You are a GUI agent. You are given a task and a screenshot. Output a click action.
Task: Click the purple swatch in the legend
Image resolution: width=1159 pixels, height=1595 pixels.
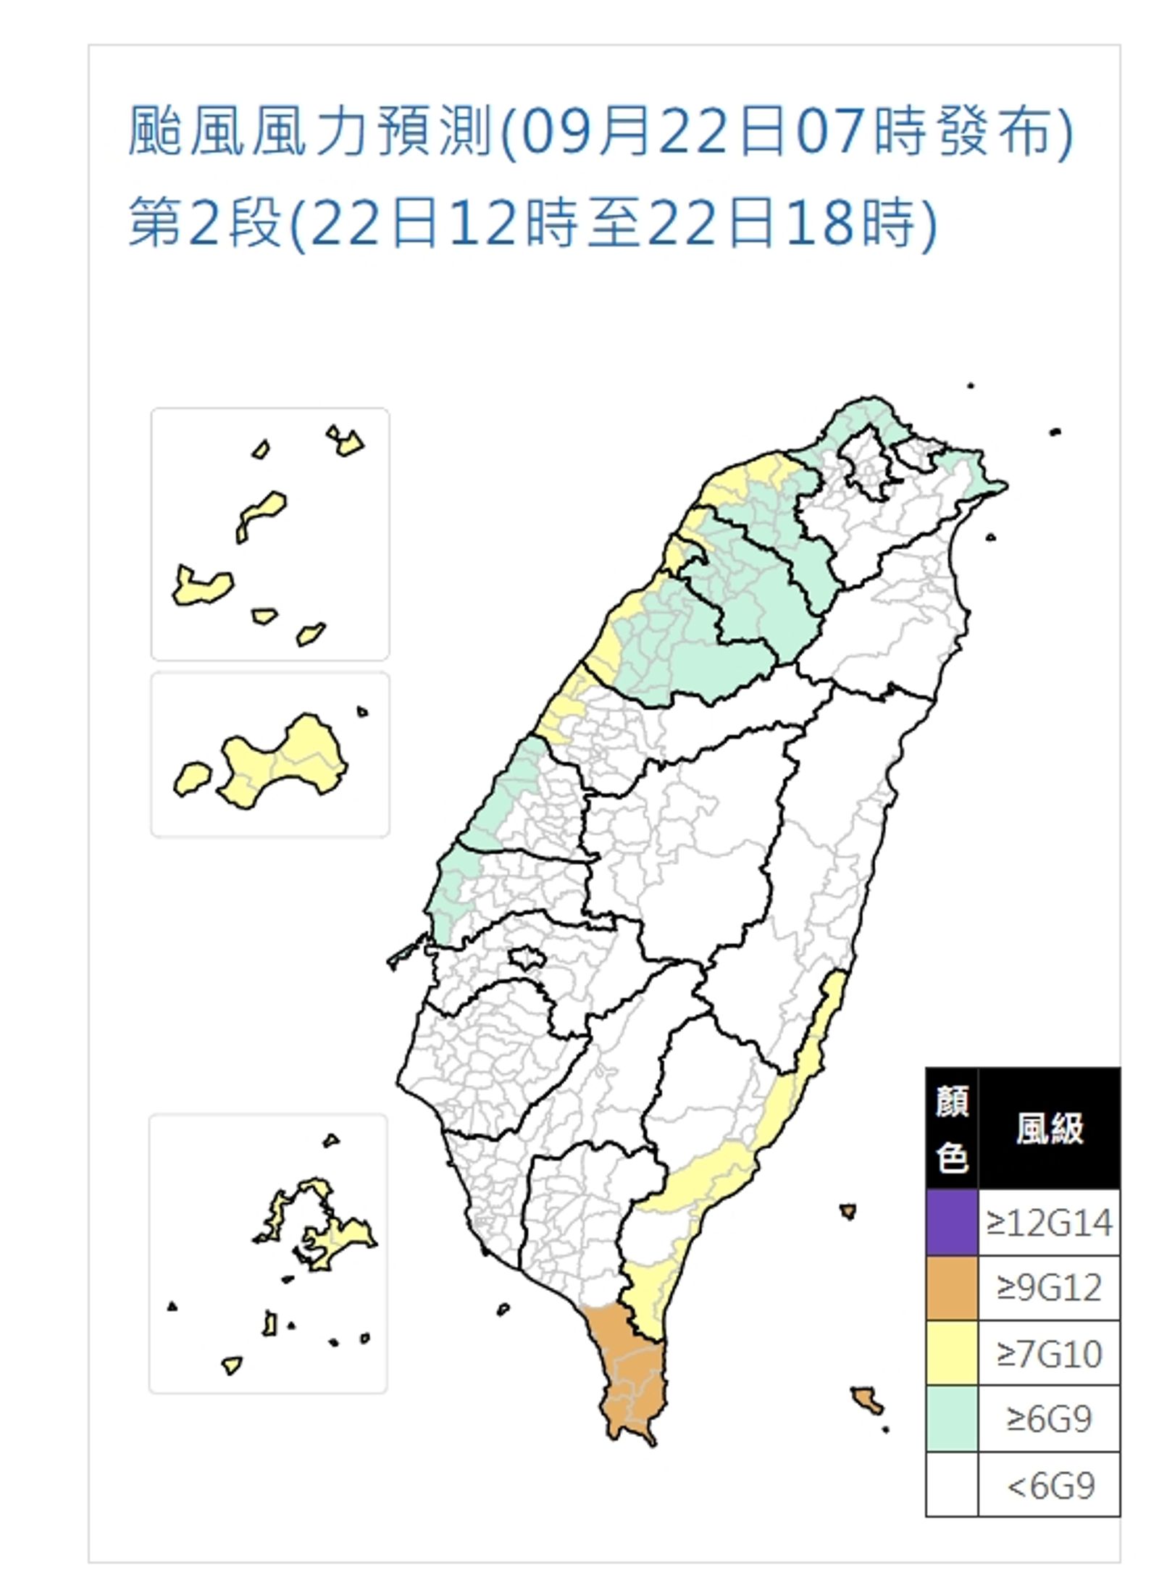pyautogui.click(x=951, y=1222)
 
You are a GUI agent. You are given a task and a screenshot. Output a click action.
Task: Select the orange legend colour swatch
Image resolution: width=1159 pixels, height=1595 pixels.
pyautogui.click(x=951, y=1287)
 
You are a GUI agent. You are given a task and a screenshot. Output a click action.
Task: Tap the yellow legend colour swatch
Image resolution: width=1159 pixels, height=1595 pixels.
pyautogui.click(x=951, y=1352)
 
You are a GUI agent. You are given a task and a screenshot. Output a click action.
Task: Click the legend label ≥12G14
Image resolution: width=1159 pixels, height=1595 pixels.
pyautogui.click(x=1048, y=1223)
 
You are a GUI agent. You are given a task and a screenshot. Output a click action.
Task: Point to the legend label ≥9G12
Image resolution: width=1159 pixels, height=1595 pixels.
pyautogui.click(x=1048, y=1288)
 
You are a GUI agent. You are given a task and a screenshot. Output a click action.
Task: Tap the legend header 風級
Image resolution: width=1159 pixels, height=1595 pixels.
pyautogui.click(x=1048, y=1129)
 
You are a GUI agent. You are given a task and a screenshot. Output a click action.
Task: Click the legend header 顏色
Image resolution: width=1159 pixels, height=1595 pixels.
pyautogui.click(x=951, y=1129)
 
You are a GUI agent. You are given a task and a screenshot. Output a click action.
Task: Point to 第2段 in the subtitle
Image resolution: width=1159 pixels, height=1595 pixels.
pyautogui.click(x=205, y=222)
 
